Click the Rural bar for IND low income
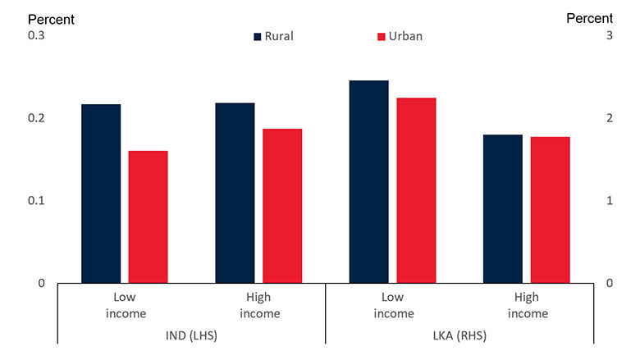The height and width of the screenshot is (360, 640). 101,194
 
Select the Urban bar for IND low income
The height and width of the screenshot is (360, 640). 148,216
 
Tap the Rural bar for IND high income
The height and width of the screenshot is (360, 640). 235,193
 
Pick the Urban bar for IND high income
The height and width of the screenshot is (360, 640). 282,206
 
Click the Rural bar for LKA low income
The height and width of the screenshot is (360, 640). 368,181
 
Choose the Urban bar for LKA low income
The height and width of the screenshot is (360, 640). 416,190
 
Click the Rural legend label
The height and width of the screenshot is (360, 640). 278,36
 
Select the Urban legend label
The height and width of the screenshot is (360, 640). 405,36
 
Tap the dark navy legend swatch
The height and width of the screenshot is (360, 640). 258,36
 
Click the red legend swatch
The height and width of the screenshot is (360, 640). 381,36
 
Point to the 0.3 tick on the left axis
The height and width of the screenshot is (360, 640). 37,35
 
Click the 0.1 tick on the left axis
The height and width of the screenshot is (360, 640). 37,201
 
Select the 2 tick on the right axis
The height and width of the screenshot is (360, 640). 609,118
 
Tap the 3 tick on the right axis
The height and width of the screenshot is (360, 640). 609,35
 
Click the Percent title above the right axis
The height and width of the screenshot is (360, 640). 589,17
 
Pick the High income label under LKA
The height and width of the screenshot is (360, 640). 527,305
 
